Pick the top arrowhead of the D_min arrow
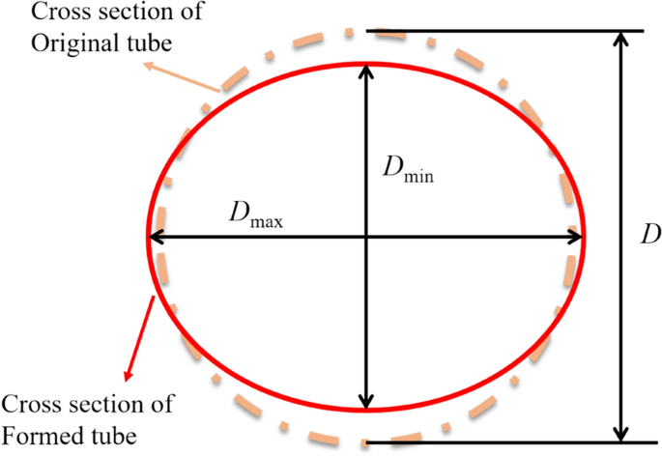click(364, 71)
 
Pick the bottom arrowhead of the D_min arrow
click(364, 402)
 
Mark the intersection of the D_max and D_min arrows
click(364, 236)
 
